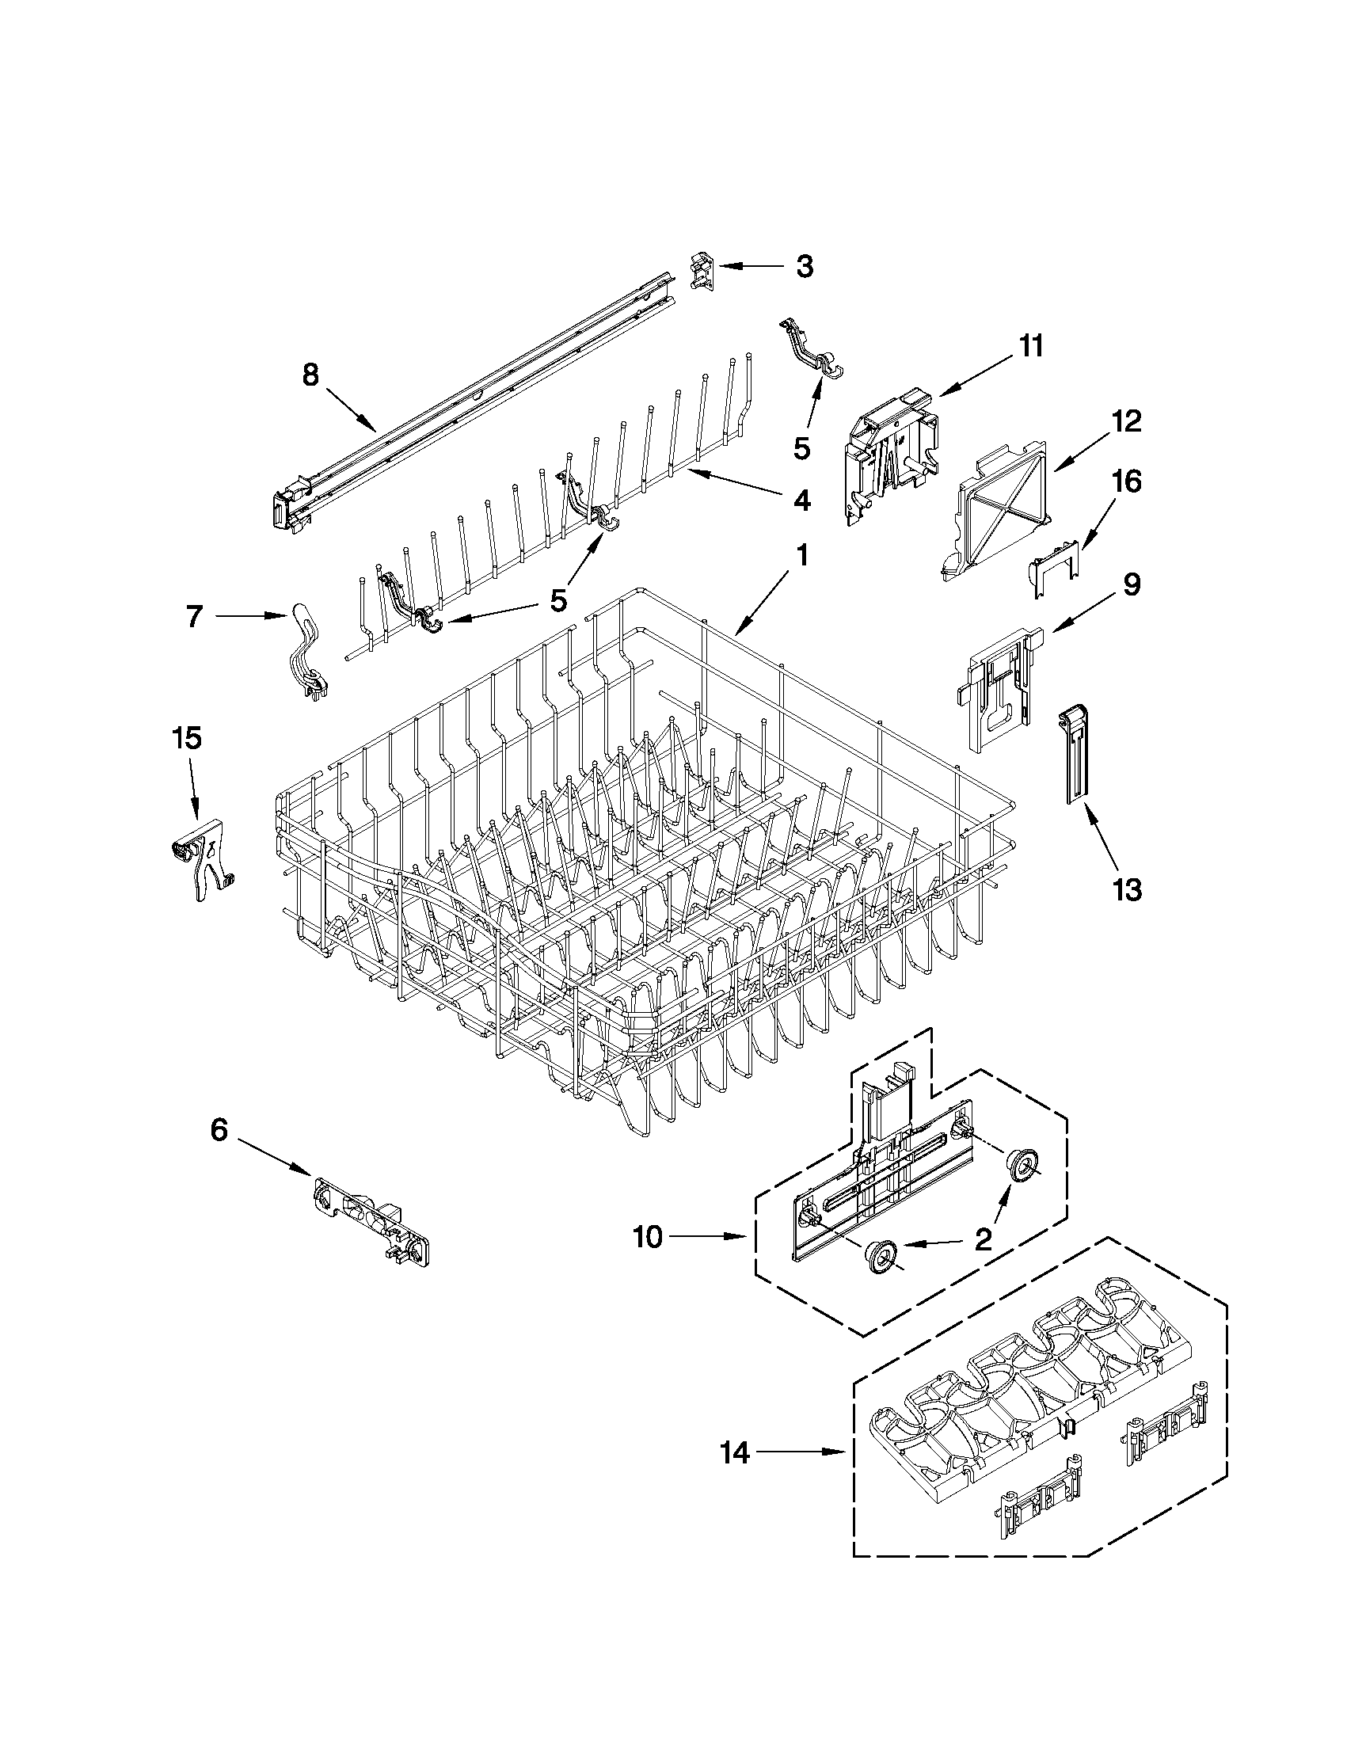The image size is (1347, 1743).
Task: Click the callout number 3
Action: click(804, 266)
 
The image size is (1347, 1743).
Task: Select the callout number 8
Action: click(310, 375)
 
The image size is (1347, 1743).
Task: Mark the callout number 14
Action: click(735, 1452)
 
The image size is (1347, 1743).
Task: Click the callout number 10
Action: click(648, 1237)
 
